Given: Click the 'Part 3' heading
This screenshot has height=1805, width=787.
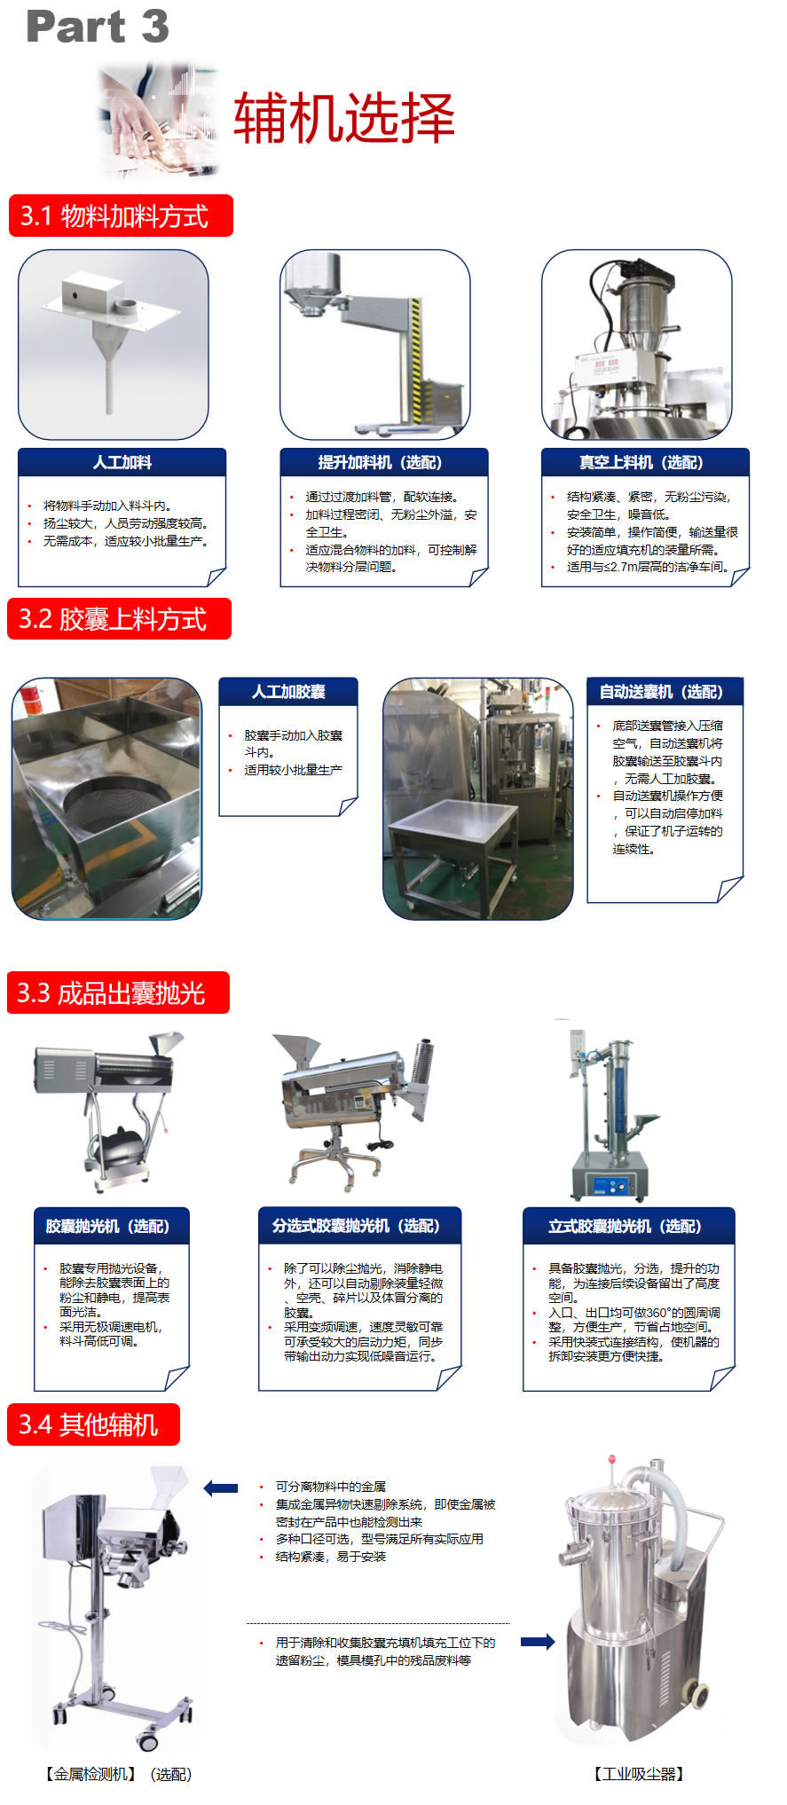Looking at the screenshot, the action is click(x=98, y=27).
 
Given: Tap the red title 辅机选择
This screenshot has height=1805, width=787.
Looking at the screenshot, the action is click(x=344, y=118).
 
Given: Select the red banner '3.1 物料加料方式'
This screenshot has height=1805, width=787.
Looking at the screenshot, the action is click(x=121, y=216).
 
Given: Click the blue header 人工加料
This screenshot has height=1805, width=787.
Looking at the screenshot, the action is click(x=122, y=462).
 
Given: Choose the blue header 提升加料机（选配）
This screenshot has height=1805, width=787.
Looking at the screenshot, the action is click(x=384, y=462).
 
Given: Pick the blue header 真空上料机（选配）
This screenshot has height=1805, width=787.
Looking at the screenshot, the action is click(x=645, y=462).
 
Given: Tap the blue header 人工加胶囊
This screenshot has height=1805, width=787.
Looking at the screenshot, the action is click(x=288, y=691).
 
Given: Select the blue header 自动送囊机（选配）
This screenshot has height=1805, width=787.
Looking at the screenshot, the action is click(x=665, y=691).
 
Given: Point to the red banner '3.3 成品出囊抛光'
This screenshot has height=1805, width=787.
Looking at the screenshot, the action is click(x=118, y=993).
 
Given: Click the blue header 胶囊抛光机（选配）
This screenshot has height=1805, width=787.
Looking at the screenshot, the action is click(x=112, y=1226).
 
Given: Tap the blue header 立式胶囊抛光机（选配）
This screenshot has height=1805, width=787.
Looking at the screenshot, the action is click(x=629, y=1226).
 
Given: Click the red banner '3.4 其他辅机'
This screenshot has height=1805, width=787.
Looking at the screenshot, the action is click(x=93, y=1424).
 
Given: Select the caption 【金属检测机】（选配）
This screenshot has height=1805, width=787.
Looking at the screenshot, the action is click(x=117, y=1774).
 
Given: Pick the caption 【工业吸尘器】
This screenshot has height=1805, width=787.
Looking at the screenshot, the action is click(x=639, y=1774).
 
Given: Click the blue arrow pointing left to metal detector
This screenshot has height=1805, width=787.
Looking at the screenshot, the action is click(x=221, y=1488).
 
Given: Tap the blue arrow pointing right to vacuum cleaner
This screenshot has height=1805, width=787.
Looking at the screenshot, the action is click(x=538, y=1642).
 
